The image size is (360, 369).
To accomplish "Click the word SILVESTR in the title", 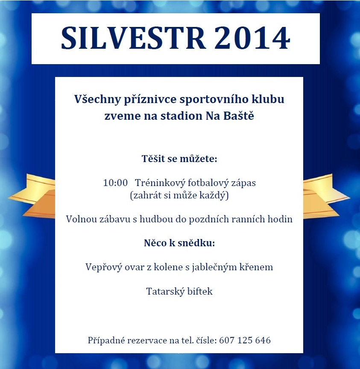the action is [134, 38].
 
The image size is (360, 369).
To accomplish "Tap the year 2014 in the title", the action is [252, 38].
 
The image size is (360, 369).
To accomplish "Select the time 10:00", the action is [115, 183].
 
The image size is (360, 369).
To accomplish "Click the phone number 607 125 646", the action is [245, 340].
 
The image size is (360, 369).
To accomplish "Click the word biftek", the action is [200, 291].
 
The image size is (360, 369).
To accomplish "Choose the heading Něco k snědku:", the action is [179, 243].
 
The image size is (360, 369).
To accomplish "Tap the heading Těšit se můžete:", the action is [179, 159].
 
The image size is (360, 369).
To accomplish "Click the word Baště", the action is [239, 115].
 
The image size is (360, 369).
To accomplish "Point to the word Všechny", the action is [97, 99].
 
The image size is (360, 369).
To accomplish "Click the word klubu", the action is [268, 99].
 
